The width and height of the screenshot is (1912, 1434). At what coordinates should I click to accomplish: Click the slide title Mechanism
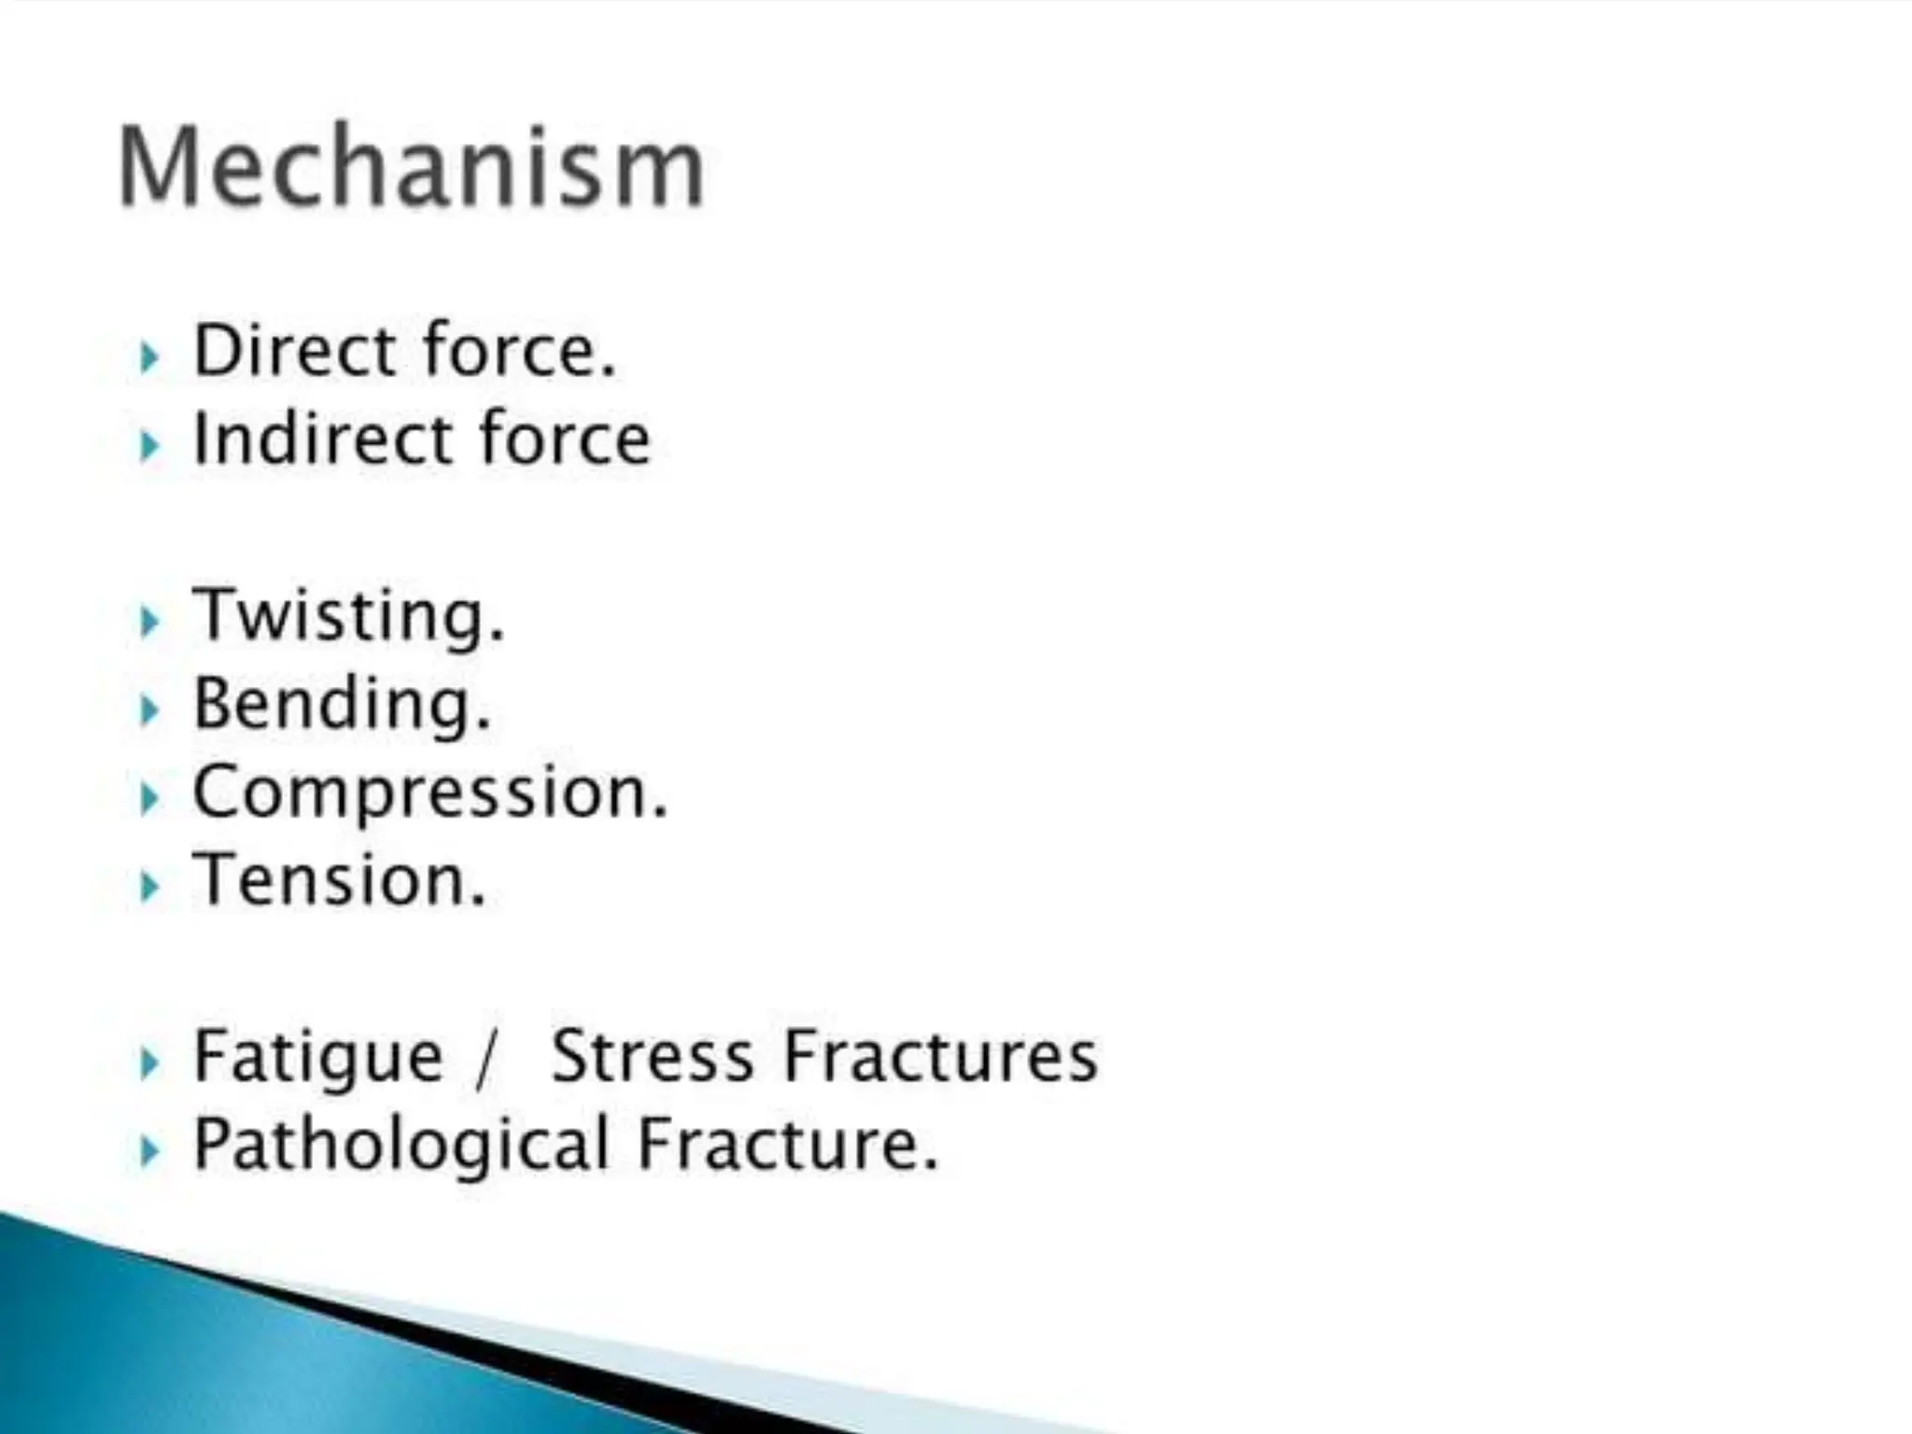411,168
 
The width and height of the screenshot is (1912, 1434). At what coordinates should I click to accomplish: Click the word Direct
294,350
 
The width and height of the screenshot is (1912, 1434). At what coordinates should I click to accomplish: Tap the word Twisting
347,616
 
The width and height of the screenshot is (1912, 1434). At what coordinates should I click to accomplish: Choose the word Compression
429,793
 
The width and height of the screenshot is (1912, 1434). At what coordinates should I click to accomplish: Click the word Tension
338,880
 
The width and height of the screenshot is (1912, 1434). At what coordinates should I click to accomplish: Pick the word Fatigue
317,1058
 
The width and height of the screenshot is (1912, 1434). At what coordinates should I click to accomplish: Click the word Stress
652,1056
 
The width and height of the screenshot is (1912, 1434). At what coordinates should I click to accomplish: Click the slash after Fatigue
484,1060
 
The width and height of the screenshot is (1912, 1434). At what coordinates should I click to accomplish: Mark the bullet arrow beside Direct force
148,357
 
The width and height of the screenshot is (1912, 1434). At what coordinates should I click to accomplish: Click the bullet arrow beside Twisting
148,622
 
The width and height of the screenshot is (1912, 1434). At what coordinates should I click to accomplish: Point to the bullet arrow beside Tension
148,886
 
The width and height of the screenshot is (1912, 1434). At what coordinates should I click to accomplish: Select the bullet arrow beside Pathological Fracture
148,1151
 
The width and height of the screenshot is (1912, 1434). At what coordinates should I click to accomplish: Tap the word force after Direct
518,350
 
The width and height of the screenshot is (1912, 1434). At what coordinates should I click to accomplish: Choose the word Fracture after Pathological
784,1145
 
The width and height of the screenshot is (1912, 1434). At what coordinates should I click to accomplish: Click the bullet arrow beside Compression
148,798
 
